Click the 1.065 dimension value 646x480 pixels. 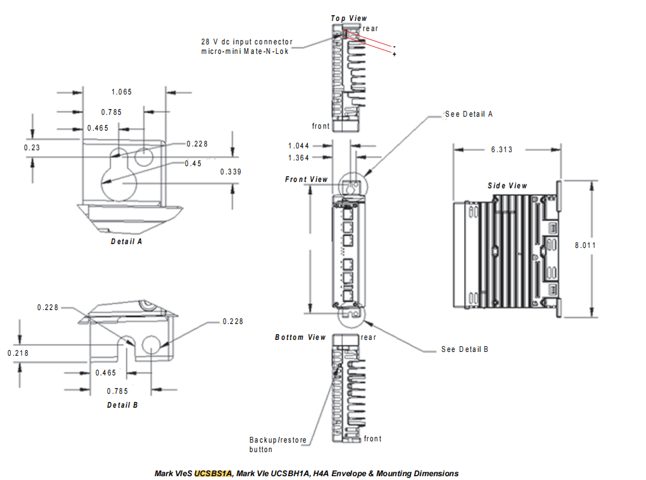pyautogui.click(x=122, y=92)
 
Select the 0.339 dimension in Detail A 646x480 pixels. pyautogui.click(x=231, y=172)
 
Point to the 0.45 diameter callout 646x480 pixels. pyautogui.click(x=193, y=164)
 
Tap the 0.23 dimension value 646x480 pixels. pyautogui.click(x=32, y=147)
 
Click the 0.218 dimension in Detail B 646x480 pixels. pyautogui.click(x=18, y=353)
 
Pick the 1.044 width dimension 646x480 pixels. pyautogui.click(x=298, y=146)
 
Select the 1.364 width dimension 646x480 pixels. pyautogui.click(x=298, y=158)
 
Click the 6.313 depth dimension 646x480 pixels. pyautogui.click(x=502, y=150)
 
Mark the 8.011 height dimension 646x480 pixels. pyautogui.click(x=586, y=245)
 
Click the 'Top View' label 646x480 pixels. pyautogui.click(x=348, y=18)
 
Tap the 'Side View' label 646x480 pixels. pyautogui.click(x=507, y=186)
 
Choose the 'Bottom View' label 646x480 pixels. pyautogui.click(x=300, y=337)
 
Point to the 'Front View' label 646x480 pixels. pyautogui.click(x=307, y=179)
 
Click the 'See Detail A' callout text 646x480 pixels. pyautogui.click(x=469, y=114)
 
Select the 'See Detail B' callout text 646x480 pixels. pyautogui.click(x=465, y=349)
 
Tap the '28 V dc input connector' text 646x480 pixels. pyautogui.click(x=247, y=41)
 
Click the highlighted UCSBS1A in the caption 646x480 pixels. pyautogui.click(x=213, y=474)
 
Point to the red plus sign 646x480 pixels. pyautogui.click(x=395, y=55)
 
